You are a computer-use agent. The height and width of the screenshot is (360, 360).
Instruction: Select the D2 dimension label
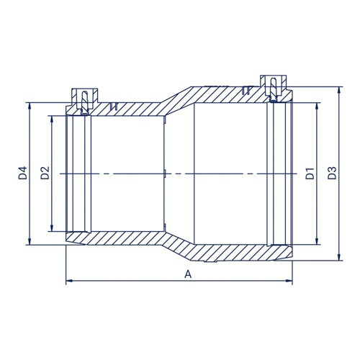click(x=45, y=174)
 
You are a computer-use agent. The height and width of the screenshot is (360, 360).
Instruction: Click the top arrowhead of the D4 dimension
click(x=30, y=105)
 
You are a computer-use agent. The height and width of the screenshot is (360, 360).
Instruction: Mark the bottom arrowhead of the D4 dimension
click(x=30, y=243)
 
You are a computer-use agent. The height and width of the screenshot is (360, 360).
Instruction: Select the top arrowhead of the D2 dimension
click(x=52, y=118)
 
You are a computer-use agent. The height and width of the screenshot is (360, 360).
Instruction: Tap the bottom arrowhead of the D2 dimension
click(x=52, y=229)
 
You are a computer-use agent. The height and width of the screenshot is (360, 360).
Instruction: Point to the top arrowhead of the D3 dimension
click(x=339, y=91)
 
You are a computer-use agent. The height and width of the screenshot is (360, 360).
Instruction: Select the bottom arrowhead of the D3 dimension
click(x=339, y=256)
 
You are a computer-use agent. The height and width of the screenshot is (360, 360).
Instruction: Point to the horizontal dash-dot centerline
click(x=180, y=174)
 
